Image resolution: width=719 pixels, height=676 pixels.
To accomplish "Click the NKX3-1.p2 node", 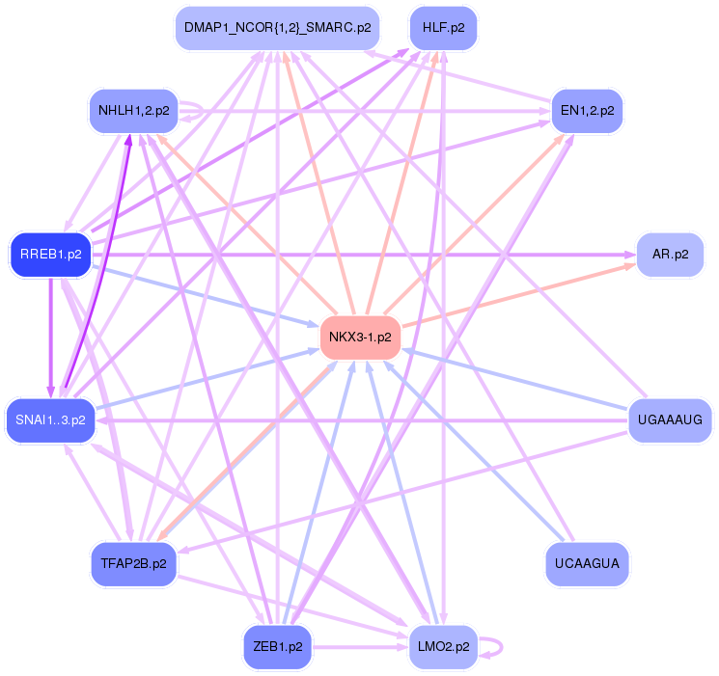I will (360, 337).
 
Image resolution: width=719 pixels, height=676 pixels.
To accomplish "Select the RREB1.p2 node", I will (50, 255).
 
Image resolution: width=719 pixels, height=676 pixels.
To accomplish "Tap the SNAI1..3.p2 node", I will (51, 420).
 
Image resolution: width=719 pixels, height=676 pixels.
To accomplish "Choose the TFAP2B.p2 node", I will (133, 562).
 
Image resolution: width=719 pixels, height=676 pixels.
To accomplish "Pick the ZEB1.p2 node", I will (279, 647).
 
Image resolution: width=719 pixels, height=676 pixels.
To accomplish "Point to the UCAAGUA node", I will (587, 560).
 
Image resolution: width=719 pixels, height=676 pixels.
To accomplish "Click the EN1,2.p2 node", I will (587, 111).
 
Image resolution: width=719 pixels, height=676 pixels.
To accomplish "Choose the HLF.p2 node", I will (444, 28).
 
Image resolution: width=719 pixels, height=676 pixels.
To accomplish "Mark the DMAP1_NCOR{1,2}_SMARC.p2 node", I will (277, 28).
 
